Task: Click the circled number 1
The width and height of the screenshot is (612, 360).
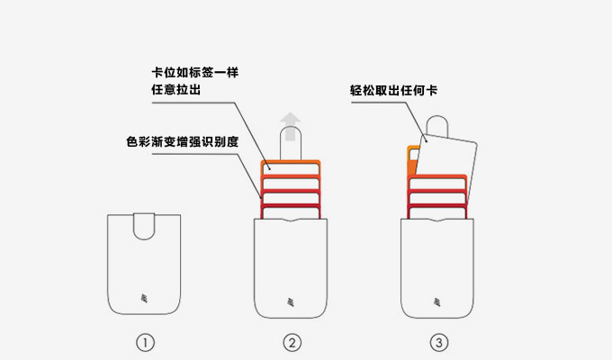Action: tap(146, 343)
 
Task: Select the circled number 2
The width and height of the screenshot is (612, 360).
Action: tap(292, 343)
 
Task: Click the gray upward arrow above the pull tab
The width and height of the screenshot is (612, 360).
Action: tap(291, 120)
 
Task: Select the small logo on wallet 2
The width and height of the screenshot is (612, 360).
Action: tap(292, 301)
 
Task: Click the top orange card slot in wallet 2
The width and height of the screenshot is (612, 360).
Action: tap(291, 166)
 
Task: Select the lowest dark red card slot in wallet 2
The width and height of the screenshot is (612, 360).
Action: tap(291, 211)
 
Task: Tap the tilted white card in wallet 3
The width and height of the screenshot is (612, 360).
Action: tap(449, 157)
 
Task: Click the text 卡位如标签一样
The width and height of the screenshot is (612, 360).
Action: tap(194, 72)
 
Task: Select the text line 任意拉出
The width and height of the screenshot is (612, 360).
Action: tap(173, 90)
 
